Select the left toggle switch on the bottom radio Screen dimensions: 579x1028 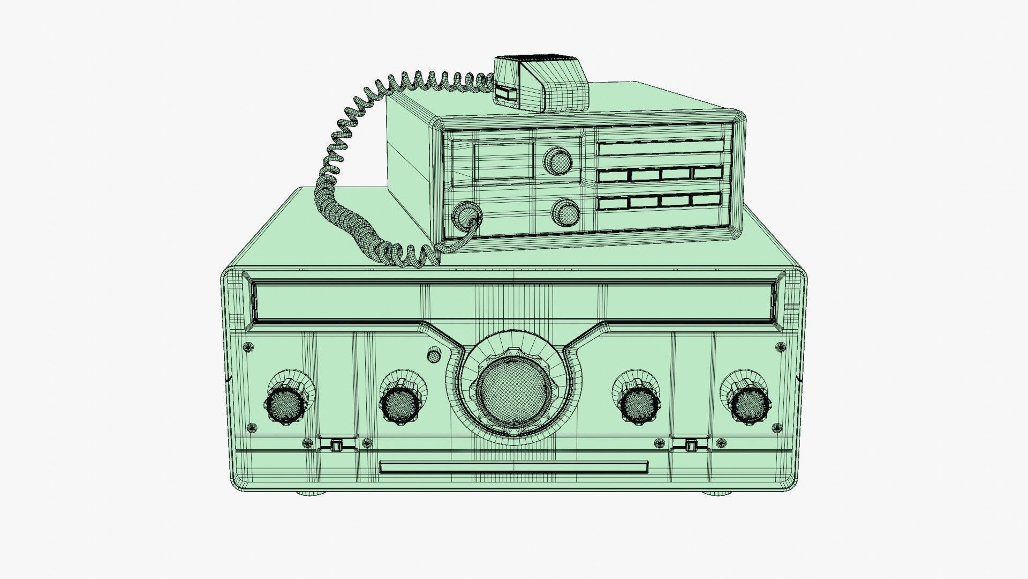point(336,444)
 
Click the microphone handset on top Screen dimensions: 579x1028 point(541,83)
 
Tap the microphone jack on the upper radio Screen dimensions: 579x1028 point(467,216)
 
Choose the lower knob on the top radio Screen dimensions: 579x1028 point(565,212)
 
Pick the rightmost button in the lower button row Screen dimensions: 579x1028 point(706,200)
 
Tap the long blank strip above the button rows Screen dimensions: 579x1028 point(660,149)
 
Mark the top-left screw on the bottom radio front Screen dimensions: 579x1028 point(248,348)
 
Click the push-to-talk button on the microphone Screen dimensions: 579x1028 point(504,94)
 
